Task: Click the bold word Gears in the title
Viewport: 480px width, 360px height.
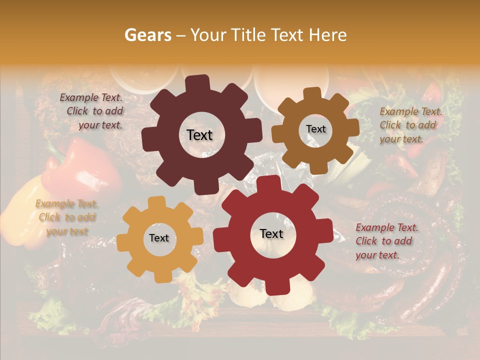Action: click(147, 35)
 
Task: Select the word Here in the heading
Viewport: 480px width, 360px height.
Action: click(328, 35)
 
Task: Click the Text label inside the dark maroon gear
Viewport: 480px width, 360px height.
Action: click(199, 135)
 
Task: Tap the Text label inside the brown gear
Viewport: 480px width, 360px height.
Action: click(315, 129)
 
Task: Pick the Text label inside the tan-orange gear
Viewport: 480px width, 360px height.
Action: click(159, 238)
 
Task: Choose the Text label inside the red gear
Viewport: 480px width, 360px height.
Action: click(271, 233)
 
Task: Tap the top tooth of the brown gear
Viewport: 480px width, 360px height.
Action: click(312, 93)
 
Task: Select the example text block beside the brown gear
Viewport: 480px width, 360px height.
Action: click(410, 125)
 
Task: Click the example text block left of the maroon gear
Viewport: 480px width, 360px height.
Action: click(92, 111)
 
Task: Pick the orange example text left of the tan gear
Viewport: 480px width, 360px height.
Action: click(66, 217)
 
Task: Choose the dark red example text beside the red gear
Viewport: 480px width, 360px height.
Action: click(386, 241)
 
